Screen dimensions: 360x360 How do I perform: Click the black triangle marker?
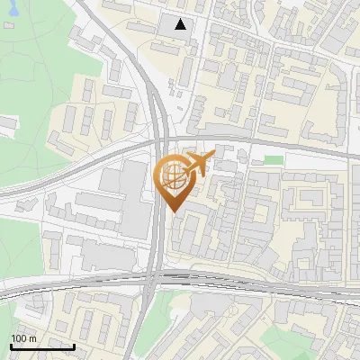pos(182,24)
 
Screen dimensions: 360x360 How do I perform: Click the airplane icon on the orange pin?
pos(197,164)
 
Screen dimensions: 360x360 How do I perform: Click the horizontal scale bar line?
pos(42,346)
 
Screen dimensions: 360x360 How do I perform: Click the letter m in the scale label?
pos(33,338)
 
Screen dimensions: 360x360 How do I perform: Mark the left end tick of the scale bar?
pos(12,345)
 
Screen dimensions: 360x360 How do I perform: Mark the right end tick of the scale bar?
pos(74,345)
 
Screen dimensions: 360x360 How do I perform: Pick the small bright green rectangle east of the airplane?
pos(273,159)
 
